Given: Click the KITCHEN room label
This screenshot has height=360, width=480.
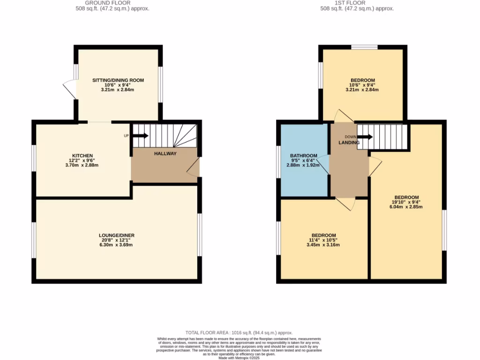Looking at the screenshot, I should coord(82,156).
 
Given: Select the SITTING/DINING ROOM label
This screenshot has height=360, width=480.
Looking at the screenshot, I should coord(118,80).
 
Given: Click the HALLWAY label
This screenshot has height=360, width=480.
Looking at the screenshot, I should coord(165,153).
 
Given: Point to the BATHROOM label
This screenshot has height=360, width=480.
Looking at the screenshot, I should coord(303,156).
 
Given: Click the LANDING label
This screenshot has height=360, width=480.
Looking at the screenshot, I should coord(349,142).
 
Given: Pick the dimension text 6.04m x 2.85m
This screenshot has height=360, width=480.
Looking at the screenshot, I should coord(406,207).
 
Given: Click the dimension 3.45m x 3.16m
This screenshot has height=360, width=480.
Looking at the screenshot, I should coord(324,245).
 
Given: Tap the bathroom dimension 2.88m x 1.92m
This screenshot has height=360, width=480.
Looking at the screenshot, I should coord(303,165).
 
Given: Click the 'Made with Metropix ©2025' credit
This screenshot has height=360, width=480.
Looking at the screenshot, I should coord(239,358).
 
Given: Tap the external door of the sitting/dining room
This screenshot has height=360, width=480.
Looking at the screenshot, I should coord(69,90).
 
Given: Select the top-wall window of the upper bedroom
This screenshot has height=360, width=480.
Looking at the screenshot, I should coord(364,47).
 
